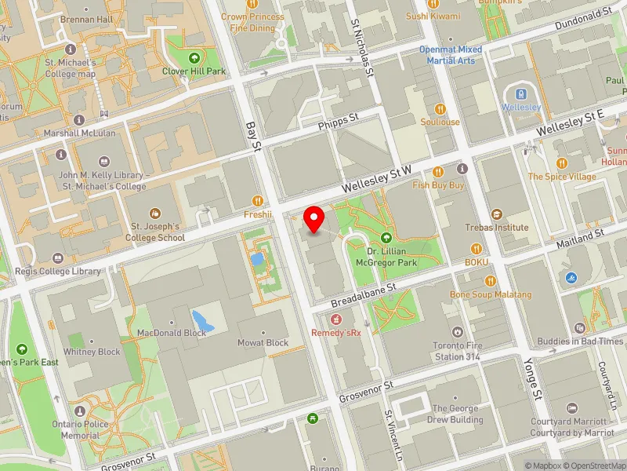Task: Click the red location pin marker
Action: click(x=314, y=219)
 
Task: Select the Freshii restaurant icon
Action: click(x=257, y=200)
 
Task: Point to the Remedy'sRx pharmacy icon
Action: click(x=335, y=319)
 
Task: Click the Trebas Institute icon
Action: click(x=496, y=214)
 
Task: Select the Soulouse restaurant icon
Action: click(x=440, y=108)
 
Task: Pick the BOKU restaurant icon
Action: click(x=477, y=248)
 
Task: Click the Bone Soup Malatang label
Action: click(x=491, y=294)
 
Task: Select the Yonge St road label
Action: click(x=533, y=376)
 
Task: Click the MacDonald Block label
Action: click(x=172, y=333)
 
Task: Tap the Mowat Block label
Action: click(x=263, y=343)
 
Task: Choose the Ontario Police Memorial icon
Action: click(x=79, y=411)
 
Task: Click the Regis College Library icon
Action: click(x=57, y=258)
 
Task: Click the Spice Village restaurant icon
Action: click(x=561, y=163)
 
